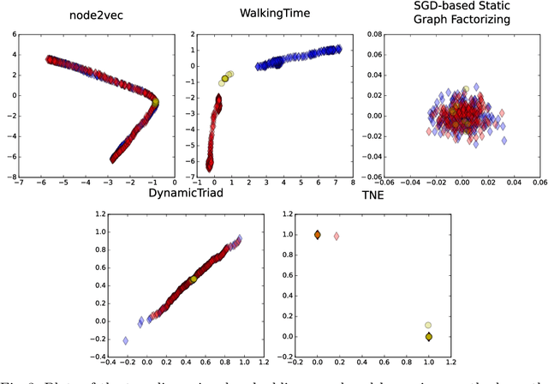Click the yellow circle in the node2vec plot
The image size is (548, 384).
[155, 102]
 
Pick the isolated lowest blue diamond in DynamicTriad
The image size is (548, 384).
[126, 340]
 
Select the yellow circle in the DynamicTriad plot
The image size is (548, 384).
[194, 279]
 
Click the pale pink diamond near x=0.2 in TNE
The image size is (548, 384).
[337, 236]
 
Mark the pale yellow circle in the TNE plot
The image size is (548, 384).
[428, 326]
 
